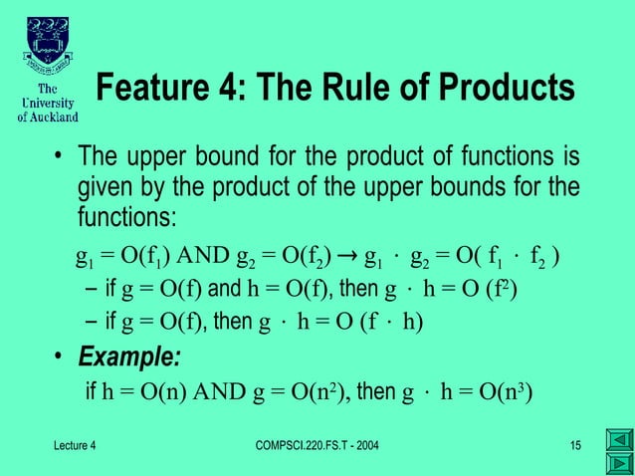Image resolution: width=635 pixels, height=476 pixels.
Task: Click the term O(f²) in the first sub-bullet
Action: [x=493, y=291]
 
